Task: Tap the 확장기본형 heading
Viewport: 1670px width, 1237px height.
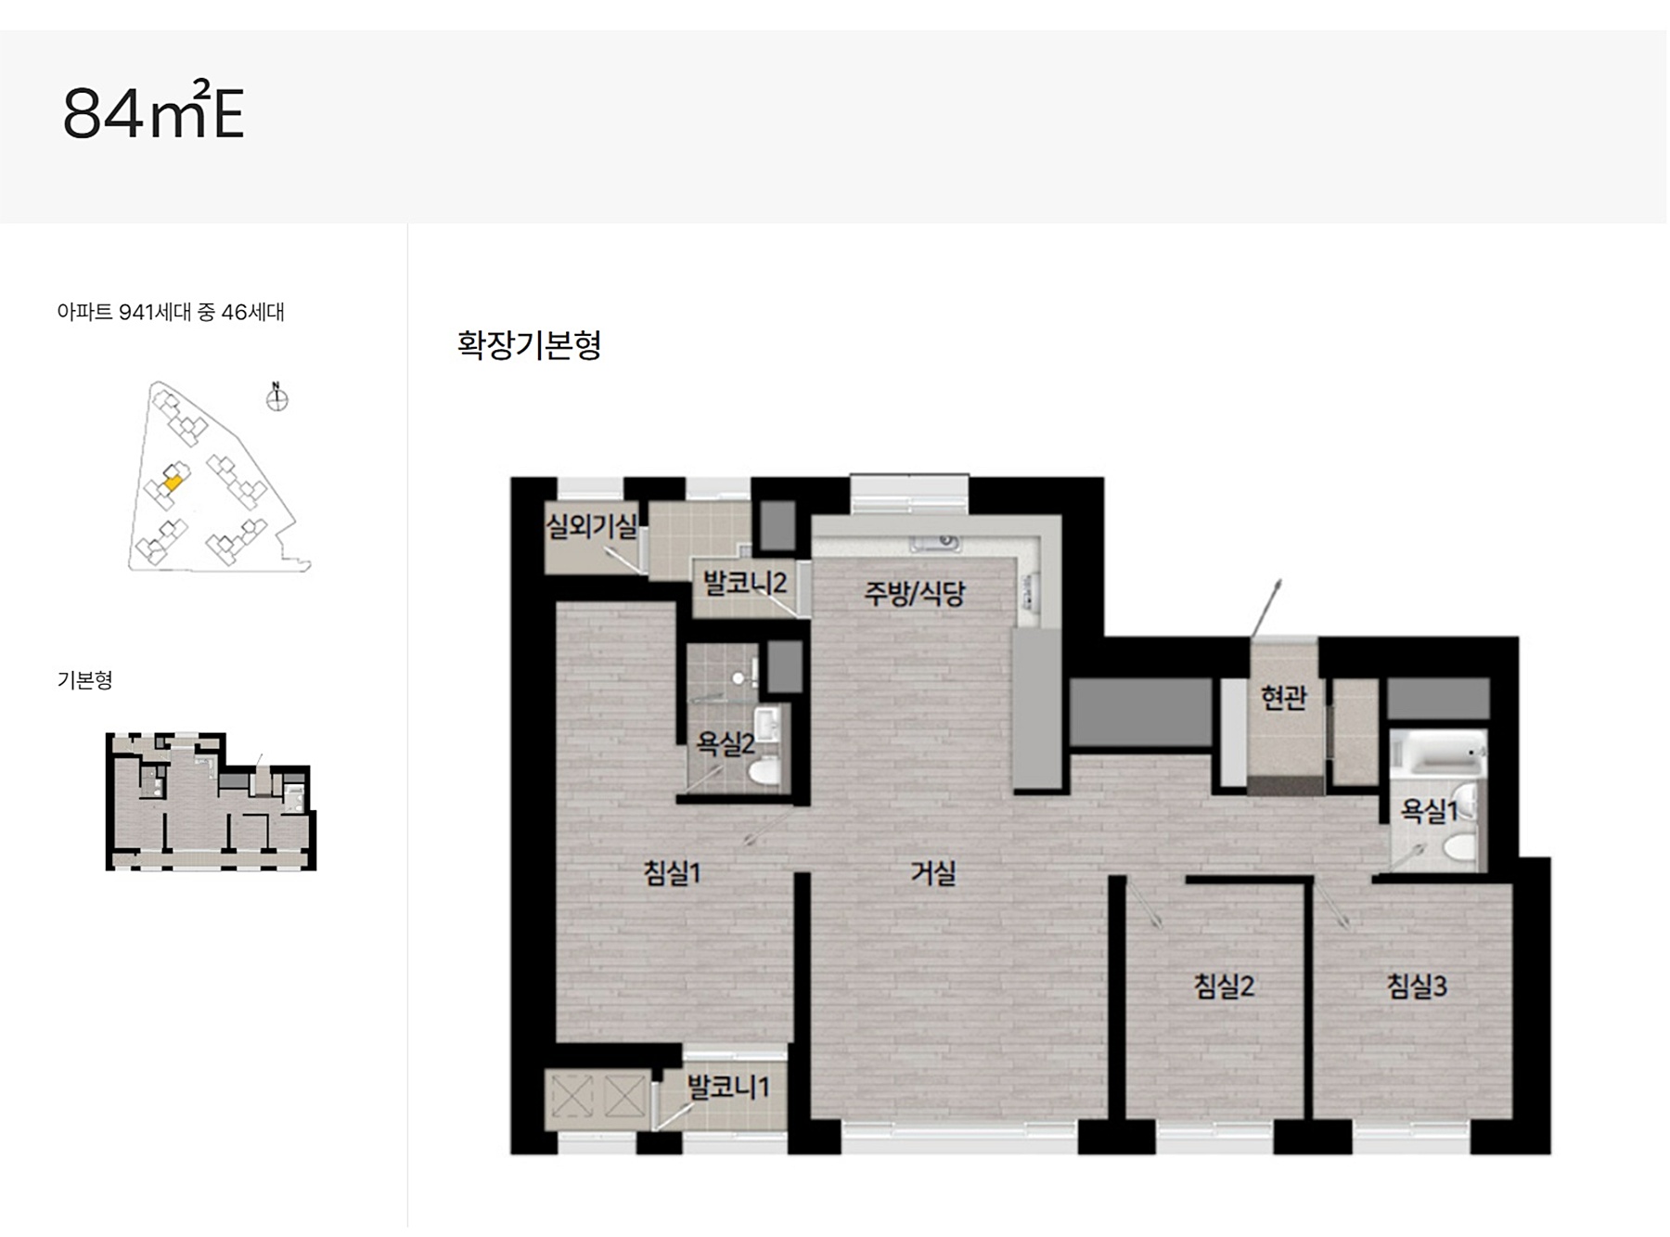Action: pos(529,344)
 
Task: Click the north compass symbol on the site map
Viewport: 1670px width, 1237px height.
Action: pos(276,397)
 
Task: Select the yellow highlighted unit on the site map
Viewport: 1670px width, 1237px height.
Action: pos(173,482)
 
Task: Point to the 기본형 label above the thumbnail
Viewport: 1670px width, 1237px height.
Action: pos(84,680)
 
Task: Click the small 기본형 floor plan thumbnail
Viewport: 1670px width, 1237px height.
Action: pos(212,801)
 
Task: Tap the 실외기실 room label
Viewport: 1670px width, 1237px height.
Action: pos(591,527)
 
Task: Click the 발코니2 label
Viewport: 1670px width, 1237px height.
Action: pos(744,583)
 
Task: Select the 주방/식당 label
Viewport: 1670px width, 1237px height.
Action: pos(914,593)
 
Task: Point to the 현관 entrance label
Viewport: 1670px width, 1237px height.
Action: pos(1283,697)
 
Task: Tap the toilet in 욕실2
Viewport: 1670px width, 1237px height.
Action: pos(764,770)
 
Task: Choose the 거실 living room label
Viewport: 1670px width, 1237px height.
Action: pos(932,872)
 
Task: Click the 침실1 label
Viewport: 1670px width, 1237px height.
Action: pos(672,872)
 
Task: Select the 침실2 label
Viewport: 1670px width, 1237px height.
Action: pos(1224,986)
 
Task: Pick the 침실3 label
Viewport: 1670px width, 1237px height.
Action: pos(1417,986)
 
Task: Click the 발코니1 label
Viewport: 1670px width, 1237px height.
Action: pos(727,1087)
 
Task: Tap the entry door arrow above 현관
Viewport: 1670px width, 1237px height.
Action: pos(1265,609)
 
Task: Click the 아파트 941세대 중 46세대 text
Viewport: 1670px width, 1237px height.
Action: pos(171,313)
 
